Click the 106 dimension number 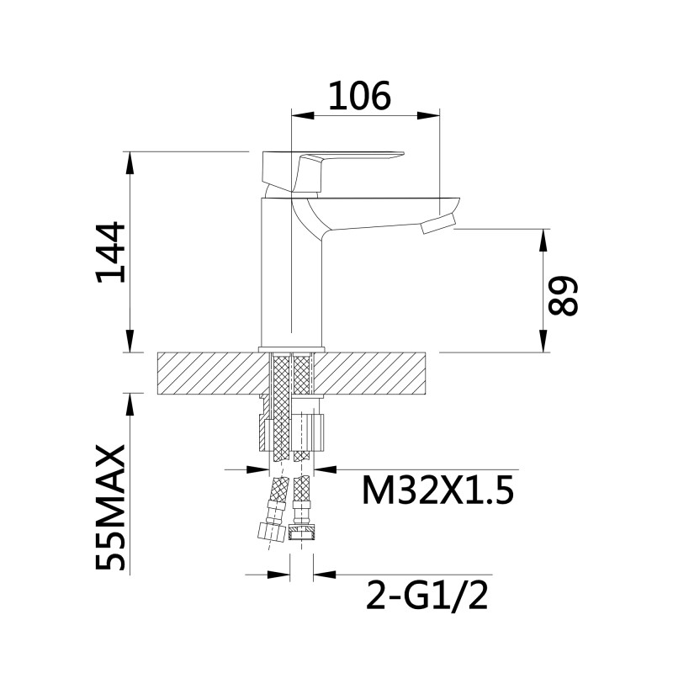(x=360, y=95)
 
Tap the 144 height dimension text (x=111, y=252)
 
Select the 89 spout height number (x=563, y=296)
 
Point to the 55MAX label (x=111, y=508)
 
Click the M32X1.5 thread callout (x=437, y=490)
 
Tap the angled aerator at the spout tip (x=437, y=224)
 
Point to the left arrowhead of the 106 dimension (x=302, y=115)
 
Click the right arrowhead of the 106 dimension (x=429, y=115)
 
